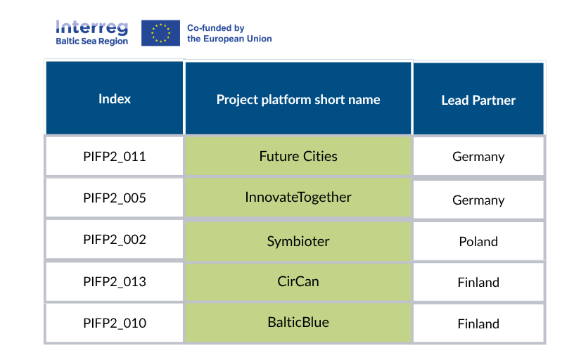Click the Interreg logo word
pyautogui.click(x=91, y=27)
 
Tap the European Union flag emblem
pyautogui.click(x=160, y=33)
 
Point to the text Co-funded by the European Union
pyautogui.click(x=229, y=33)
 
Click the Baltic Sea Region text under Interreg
pyautogui.click(x=91, y=41)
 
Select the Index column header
pyautogui.click(x=115, y=99)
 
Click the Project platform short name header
pyautogui.click(x=298, y=99)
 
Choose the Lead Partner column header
pyautogui.click(x=478, y=101)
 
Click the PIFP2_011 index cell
pyautogui.click(x=115, y=156)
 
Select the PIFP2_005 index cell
pyautogui.click(x=115, y=198)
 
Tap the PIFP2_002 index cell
pyautogui.click(x=115, y=240)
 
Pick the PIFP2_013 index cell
pyautogui.click(x=115, y=282)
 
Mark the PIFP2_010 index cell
pyautogui.click(x=115, y=323)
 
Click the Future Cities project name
pyautogui.click(x=298, y=156)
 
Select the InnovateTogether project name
pyautogui.click(x=298, y=198)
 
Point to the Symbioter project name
pyautogui.click(x=298, y=241)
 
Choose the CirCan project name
pyautogui.click(x=298, y=282)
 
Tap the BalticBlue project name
pyautogui.click(x=298, y=323)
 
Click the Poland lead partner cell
pyautogui.click(x=478, y=241)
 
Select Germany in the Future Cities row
pyautogui.click(x=478, y=157)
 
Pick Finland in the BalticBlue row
pyautogui.click(x=478, y=324)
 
